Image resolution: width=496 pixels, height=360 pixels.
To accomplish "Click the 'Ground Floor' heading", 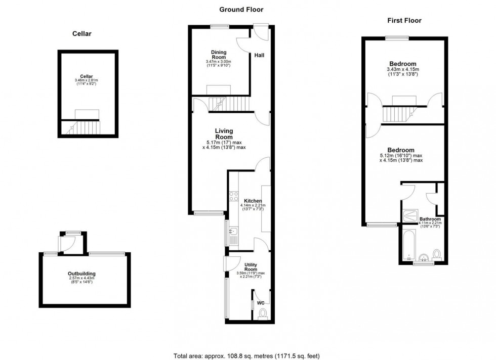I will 241,9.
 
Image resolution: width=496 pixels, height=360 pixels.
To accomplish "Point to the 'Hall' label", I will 259,55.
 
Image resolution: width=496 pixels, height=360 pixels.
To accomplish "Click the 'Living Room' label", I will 224,134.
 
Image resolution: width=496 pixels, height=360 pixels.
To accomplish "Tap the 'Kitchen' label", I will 252,199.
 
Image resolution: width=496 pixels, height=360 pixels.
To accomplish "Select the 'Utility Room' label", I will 251,267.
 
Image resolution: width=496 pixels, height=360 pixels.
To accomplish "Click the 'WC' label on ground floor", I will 261,303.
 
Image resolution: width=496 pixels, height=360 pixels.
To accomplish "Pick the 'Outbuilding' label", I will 83,274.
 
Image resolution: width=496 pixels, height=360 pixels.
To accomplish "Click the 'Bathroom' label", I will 430,219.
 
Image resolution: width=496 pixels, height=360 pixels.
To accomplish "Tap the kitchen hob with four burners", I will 233,196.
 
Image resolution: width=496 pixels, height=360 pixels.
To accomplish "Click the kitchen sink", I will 233,232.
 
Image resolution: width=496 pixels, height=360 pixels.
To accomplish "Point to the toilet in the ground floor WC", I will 262,314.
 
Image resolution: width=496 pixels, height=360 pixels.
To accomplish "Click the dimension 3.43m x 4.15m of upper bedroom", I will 403,69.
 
